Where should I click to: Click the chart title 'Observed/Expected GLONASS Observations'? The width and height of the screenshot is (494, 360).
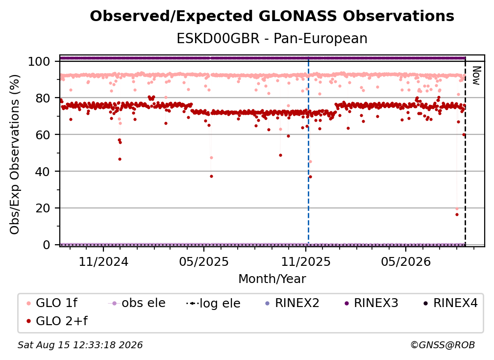click(x=272, y=16)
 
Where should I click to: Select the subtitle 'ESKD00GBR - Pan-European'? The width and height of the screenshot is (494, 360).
click(x=272, y=38)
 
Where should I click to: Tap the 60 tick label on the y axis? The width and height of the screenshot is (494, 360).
click(x=43, y=134)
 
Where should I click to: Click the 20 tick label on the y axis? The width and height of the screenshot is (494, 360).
click(x=43, y=208)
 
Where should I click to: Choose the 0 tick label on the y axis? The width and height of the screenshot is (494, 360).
click(x=47, y=245)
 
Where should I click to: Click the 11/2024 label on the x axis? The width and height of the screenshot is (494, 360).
click(x=103, y=261)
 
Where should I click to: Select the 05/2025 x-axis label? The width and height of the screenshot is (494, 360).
click(x=204, y=261)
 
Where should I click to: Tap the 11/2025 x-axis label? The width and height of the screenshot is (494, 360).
click(x=306, y=261)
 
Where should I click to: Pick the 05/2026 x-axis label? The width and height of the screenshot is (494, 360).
click(x=406, y=261)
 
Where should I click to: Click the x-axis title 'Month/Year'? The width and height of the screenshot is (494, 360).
click(x=272, y=279)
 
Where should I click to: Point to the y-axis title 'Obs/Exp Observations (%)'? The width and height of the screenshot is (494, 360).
click(x=15, y=154)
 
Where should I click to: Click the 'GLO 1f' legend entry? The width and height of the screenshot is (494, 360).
click(x=52, y=303)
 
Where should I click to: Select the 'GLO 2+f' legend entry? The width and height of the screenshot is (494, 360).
click(x=57, y=321)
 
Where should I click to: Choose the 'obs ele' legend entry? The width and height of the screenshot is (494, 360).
click(x=136, y=303)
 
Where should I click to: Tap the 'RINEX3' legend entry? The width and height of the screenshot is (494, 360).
click(x=371, y=303)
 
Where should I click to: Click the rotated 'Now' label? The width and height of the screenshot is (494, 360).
click(x=476, y=76)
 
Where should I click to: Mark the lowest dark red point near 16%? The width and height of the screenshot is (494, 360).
click(x=457, y=215)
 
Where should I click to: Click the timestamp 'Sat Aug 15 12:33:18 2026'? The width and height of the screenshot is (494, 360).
click(x=80, y=345)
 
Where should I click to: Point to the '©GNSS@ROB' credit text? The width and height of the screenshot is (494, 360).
click(x=443, y=345)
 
